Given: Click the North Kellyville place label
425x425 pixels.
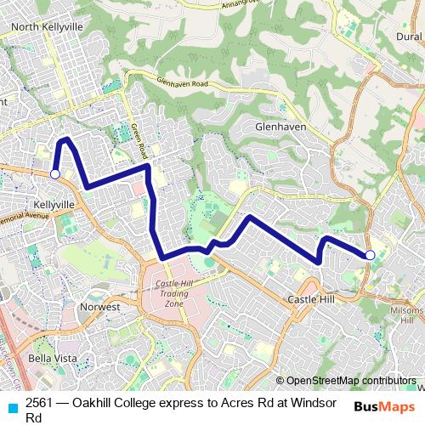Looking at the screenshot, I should (x=48, y=27).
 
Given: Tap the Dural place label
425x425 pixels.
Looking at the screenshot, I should (x=408, y=37).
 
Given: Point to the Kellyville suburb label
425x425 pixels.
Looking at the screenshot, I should (x=54, y=205).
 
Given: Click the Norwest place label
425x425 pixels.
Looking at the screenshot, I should (x=99, y=305).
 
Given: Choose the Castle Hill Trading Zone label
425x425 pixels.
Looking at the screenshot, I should (x=173, y=294).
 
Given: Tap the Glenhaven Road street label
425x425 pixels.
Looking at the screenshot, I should (x=182, y=83).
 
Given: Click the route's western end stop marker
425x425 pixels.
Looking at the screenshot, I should (x=54, y=174).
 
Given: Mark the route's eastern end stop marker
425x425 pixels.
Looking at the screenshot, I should (x=370, y=255).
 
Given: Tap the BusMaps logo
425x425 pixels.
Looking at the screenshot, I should (x=384, y=406).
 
